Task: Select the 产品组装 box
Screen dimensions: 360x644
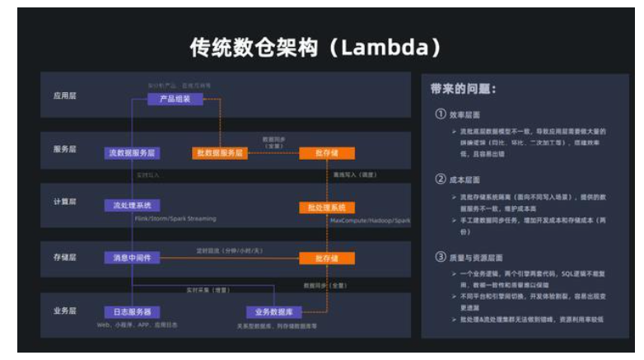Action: [175, 100]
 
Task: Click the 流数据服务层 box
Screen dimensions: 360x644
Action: [132, 152]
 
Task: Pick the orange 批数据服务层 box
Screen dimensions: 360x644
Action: [219, 152]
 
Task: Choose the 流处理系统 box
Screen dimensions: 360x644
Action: [132, 205]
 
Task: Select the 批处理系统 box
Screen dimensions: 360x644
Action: [327, 207]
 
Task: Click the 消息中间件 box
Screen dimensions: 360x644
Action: [132, 258]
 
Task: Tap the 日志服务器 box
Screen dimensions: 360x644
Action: [132, 311]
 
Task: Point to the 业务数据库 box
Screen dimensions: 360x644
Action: [274, 311]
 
